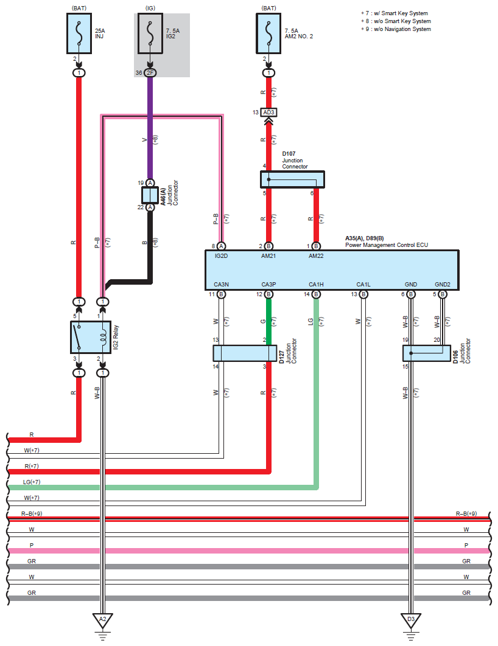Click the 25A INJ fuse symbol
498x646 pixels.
tap(79, 33)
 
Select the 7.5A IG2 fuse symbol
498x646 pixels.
tap(150, 33)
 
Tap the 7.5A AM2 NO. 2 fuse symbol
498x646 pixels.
tap(269, 33)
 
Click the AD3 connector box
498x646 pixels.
tap(269, 112)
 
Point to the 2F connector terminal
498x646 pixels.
tap(150, 73)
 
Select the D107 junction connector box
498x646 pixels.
tap(292, 179)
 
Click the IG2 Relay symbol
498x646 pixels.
tap(91, 338)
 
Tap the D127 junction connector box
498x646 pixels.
tap(245, 353)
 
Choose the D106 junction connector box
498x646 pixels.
tap(427, 353)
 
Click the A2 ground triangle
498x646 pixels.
tap(103, 620)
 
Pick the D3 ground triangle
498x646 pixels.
tap(410, 620)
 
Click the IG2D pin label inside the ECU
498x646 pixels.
tap(221, 256)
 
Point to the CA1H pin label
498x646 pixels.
tap(316, 284)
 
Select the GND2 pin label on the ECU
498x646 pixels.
tap(443, 284)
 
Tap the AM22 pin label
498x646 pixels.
tap(316, 256)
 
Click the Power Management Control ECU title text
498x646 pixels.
tap(387, 245)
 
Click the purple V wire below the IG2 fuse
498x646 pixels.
tap(150, 128)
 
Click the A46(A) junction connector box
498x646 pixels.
tap(150, 195)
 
